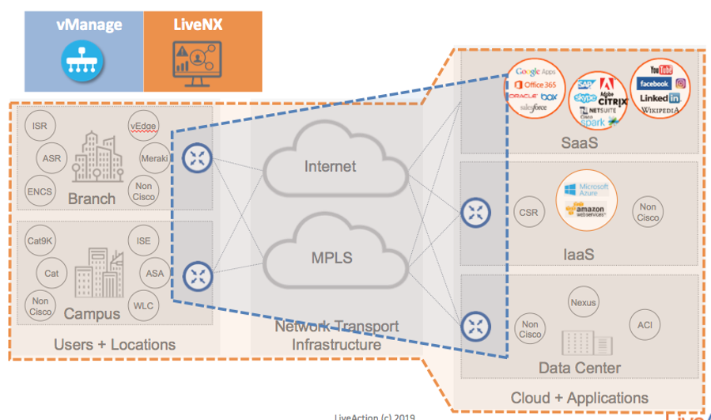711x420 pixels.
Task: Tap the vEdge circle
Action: [145, 124]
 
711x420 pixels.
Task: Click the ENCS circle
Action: [39, 191]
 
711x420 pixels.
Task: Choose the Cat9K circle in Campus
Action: [40, 241]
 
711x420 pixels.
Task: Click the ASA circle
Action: [155, 273]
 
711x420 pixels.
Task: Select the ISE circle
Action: [143, 241]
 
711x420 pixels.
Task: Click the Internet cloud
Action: [330, 166]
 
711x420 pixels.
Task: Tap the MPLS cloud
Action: [330, 258]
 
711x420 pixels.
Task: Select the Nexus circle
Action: [583, 302]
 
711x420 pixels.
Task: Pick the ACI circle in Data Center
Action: [641, 325]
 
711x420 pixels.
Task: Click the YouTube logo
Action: [660, 70]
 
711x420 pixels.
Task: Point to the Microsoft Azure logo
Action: [584, 190]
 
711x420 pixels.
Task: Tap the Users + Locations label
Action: [115, 344]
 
